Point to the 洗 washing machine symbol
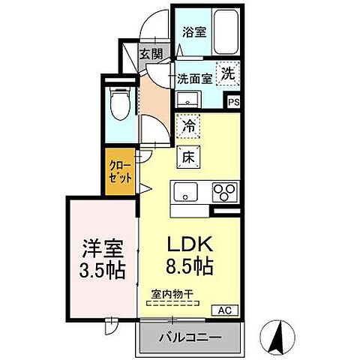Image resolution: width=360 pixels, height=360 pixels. tap(228, 73)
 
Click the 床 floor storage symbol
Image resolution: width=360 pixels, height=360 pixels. tap(187, 156)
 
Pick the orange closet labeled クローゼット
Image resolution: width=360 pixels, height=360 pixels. tap(120, 173)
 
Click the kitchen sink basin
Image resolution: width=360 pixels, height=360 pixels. tap(184, 190)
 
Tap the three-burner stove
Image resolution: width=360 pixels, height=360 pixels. tap(223, 191)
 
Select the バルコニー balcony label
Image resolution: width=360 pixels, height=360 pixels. tap(189, 337)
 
